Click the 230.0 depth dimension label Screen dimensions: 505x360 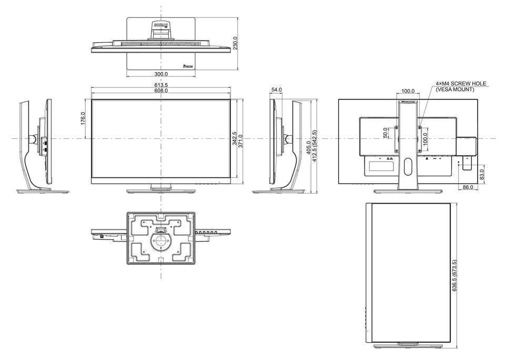click(x=236, y=43)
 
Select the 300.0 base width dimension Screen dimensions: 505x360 click(x=161, y=74)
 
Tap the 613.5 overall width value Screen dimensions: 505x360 click(x=161, y=85)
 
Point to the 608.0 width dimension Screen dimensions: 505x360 click(x=161, y=91)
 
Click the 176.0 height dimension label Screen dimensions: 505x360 click(x=83, y=118)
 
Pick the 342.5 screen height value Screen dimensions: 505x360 click(x=235, y=138)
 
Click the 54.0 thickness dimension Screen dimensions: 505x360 click(x=276, y=89)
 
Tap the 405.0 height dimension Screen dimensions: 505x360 click(x=309, y=148)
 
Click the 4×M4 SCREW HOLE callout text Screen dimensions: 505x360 click(x=461, y=84)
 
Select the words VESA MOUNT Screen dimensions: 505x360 click(x=454, y=89)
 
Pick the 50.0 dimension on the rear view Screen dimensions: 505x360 click(x=386, y=133)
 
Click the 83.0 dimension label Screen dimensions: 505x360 click(x=482, y=174)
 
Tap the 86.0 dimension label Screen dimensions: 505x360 click(x=468, y=187)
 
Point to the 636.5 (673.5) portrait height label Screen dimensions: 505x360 click(x=454, y=276)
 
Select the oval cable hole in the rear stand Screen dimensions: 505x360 click(x=408, y=167)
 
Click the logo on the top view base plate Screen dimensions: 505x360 click(x=187, y=67)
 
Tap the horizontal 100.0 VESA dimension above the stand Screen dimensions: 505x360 click(x=408, y=91)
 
